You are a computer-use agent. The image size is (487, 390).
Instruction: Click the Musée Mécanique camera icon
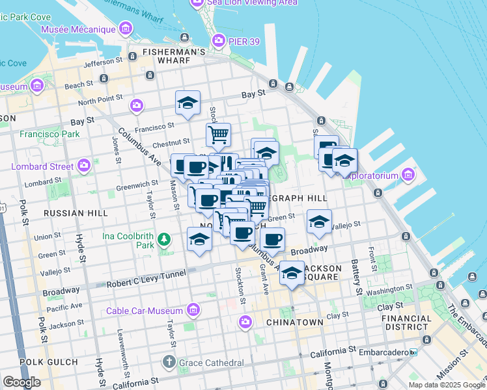(x=125, y=29)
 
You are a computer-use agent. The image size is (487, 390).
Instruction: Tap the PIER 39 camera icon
(x=218, y=42)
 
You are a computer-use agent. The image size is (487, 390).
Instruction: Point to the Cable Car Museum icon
(x=193, y=310)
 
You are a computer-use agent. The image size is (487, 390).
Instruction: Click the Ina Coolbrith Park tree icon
(x=165, y=240)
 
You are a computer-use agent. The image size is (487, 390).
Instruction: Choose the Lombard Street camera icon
(x=83, y=166)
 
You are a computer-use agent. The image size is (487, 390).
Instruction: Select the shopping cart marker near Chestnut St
(x=219, y=135)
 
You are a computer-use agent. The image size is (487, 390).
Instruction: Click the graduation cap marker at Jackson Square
(x=292, y=272)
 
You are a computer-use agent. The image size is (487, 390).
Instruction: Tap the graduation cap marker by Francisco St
(x=188, y=103)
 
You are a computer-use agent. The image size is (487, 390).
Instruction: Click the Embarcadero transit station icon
(x=413, y=352)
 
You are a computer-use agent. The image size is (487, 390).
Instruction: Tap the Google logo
(x=21, y=382)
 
